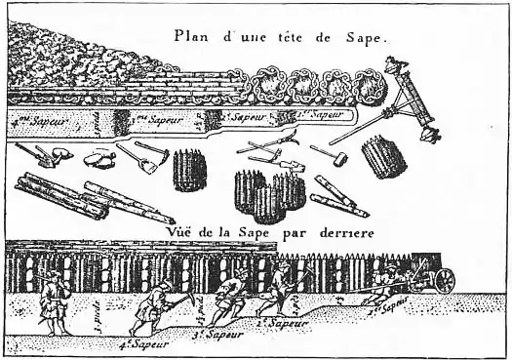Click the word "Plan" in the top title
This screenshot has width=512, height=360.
pyautogui.click(x=190, y=36)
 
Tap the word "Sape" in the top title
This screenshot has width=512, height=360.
pyautogui.click(x=366, y=39)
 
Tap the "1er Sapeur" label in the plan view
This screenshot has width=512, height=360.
pyautogui.click(x=324, y=115)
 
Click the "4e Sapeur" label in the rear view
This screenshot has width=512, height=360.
pyautogui.click(x=142, y=343)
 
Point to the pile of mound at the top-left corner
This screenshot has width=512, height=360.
pyautogui.click(x=59, y=59)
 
